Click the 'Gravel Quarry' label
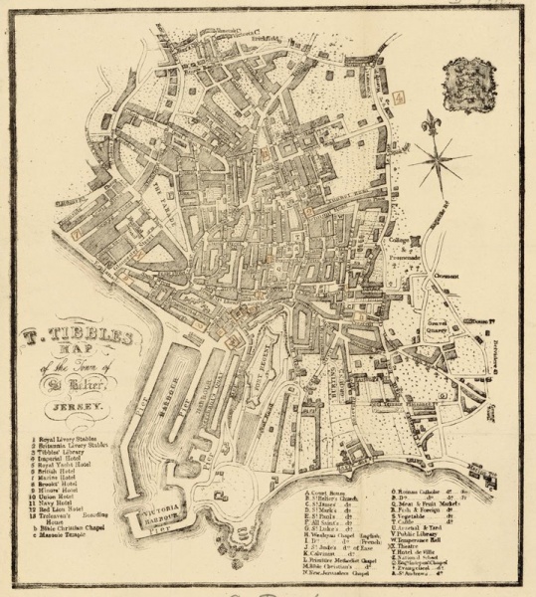(442, 329)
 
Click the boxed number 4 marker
(399, 97)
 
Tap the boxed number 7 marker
(76, 231)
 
